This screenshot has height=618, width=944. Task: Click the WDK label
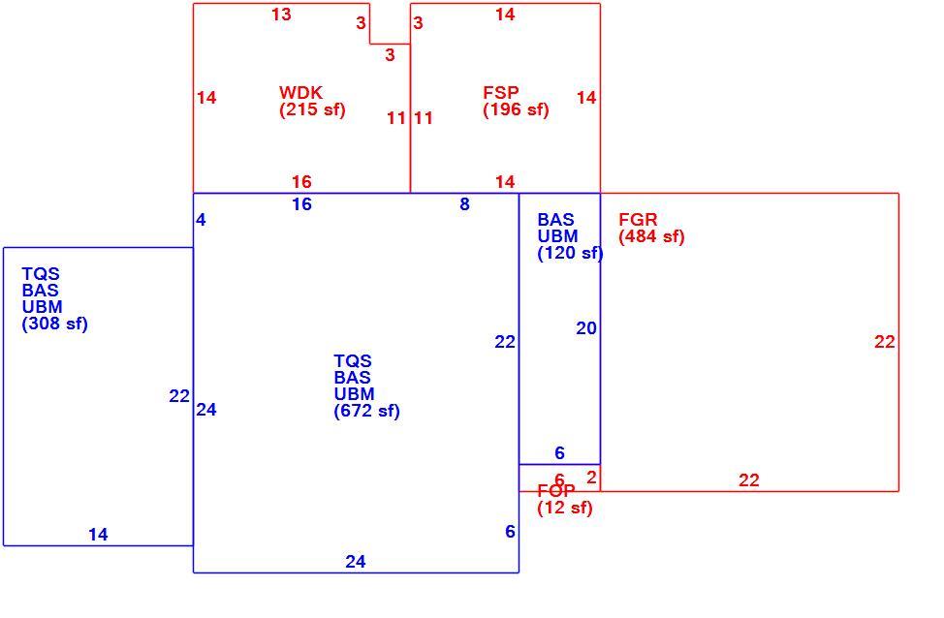click(x=300, y=93)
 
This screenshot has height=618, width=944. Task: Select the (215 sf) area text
click(x=312, y=109)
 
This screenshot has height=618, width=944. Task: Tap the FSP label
click(x=500, y=93)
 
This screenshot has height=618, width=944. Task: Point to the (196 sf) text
click(x=516, y=109)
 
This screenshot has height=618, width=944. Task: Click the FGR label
click(x=638, y=220)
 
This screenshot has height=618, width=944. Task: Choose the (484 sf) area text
click(x=651, y=236)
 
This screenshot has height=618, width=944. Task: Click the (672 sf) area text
click(x=366, y=411)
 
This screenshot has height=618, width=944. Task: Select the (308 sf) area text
click(x=55, y=324)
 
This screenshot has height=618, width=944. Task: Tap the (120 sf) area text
click(x=570, y=254)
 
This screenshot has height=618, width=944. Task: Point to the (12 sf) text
click(x=565, y=508)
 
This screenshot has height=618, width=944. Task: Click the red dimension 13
click(x=281, y=15)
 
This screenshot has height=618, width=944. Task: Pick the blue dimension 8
click(x=464, y=204)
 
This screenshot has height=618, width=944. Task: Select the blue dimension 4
click(x=201, y=220)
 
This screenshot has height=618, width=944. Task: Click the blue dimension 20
click(x=586, y=328)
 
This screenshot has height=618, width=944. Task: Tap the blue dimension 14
click(x=98, y=535)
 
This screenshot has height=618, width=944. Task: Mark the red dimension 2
click(x=591, y=478)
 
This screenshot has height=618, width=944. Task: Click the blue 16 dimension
click(x=301, y=204)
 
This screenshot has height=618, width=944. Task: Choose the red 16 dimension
click(x=301, y=182)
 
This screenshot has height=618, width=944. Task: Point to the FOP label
click(x=555, y=491)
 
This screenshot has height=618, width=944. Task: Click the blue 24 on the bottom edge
click(x=355, y=562)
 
